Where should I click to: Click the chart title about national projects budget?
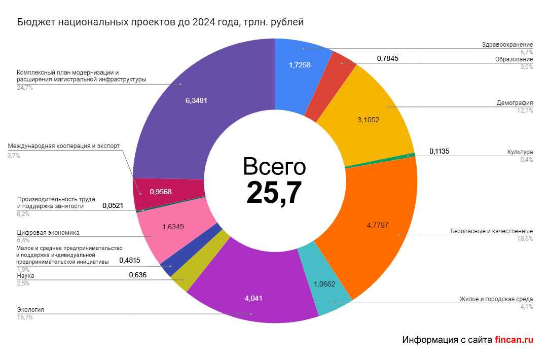(160, 23)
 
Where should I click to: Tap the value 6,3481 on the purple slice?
(196, 100)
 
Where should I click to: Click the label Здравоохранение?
(507, 45)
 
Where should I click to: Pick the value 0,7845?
(388, 58)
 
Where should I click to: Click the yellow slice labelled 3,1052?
(368, 120)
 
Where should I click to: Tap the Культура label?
(520, 152)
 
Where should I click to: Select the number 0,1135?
(439, 151)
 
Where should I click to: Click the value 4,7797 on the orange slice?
(377, 225)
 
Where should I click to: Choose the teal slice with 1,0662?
(324, 284)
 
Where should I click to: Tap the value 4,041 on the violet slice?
(253, 298)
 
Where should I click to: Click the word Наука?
(26, 276)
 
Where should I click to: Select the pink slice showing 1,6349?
(176, 227)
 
